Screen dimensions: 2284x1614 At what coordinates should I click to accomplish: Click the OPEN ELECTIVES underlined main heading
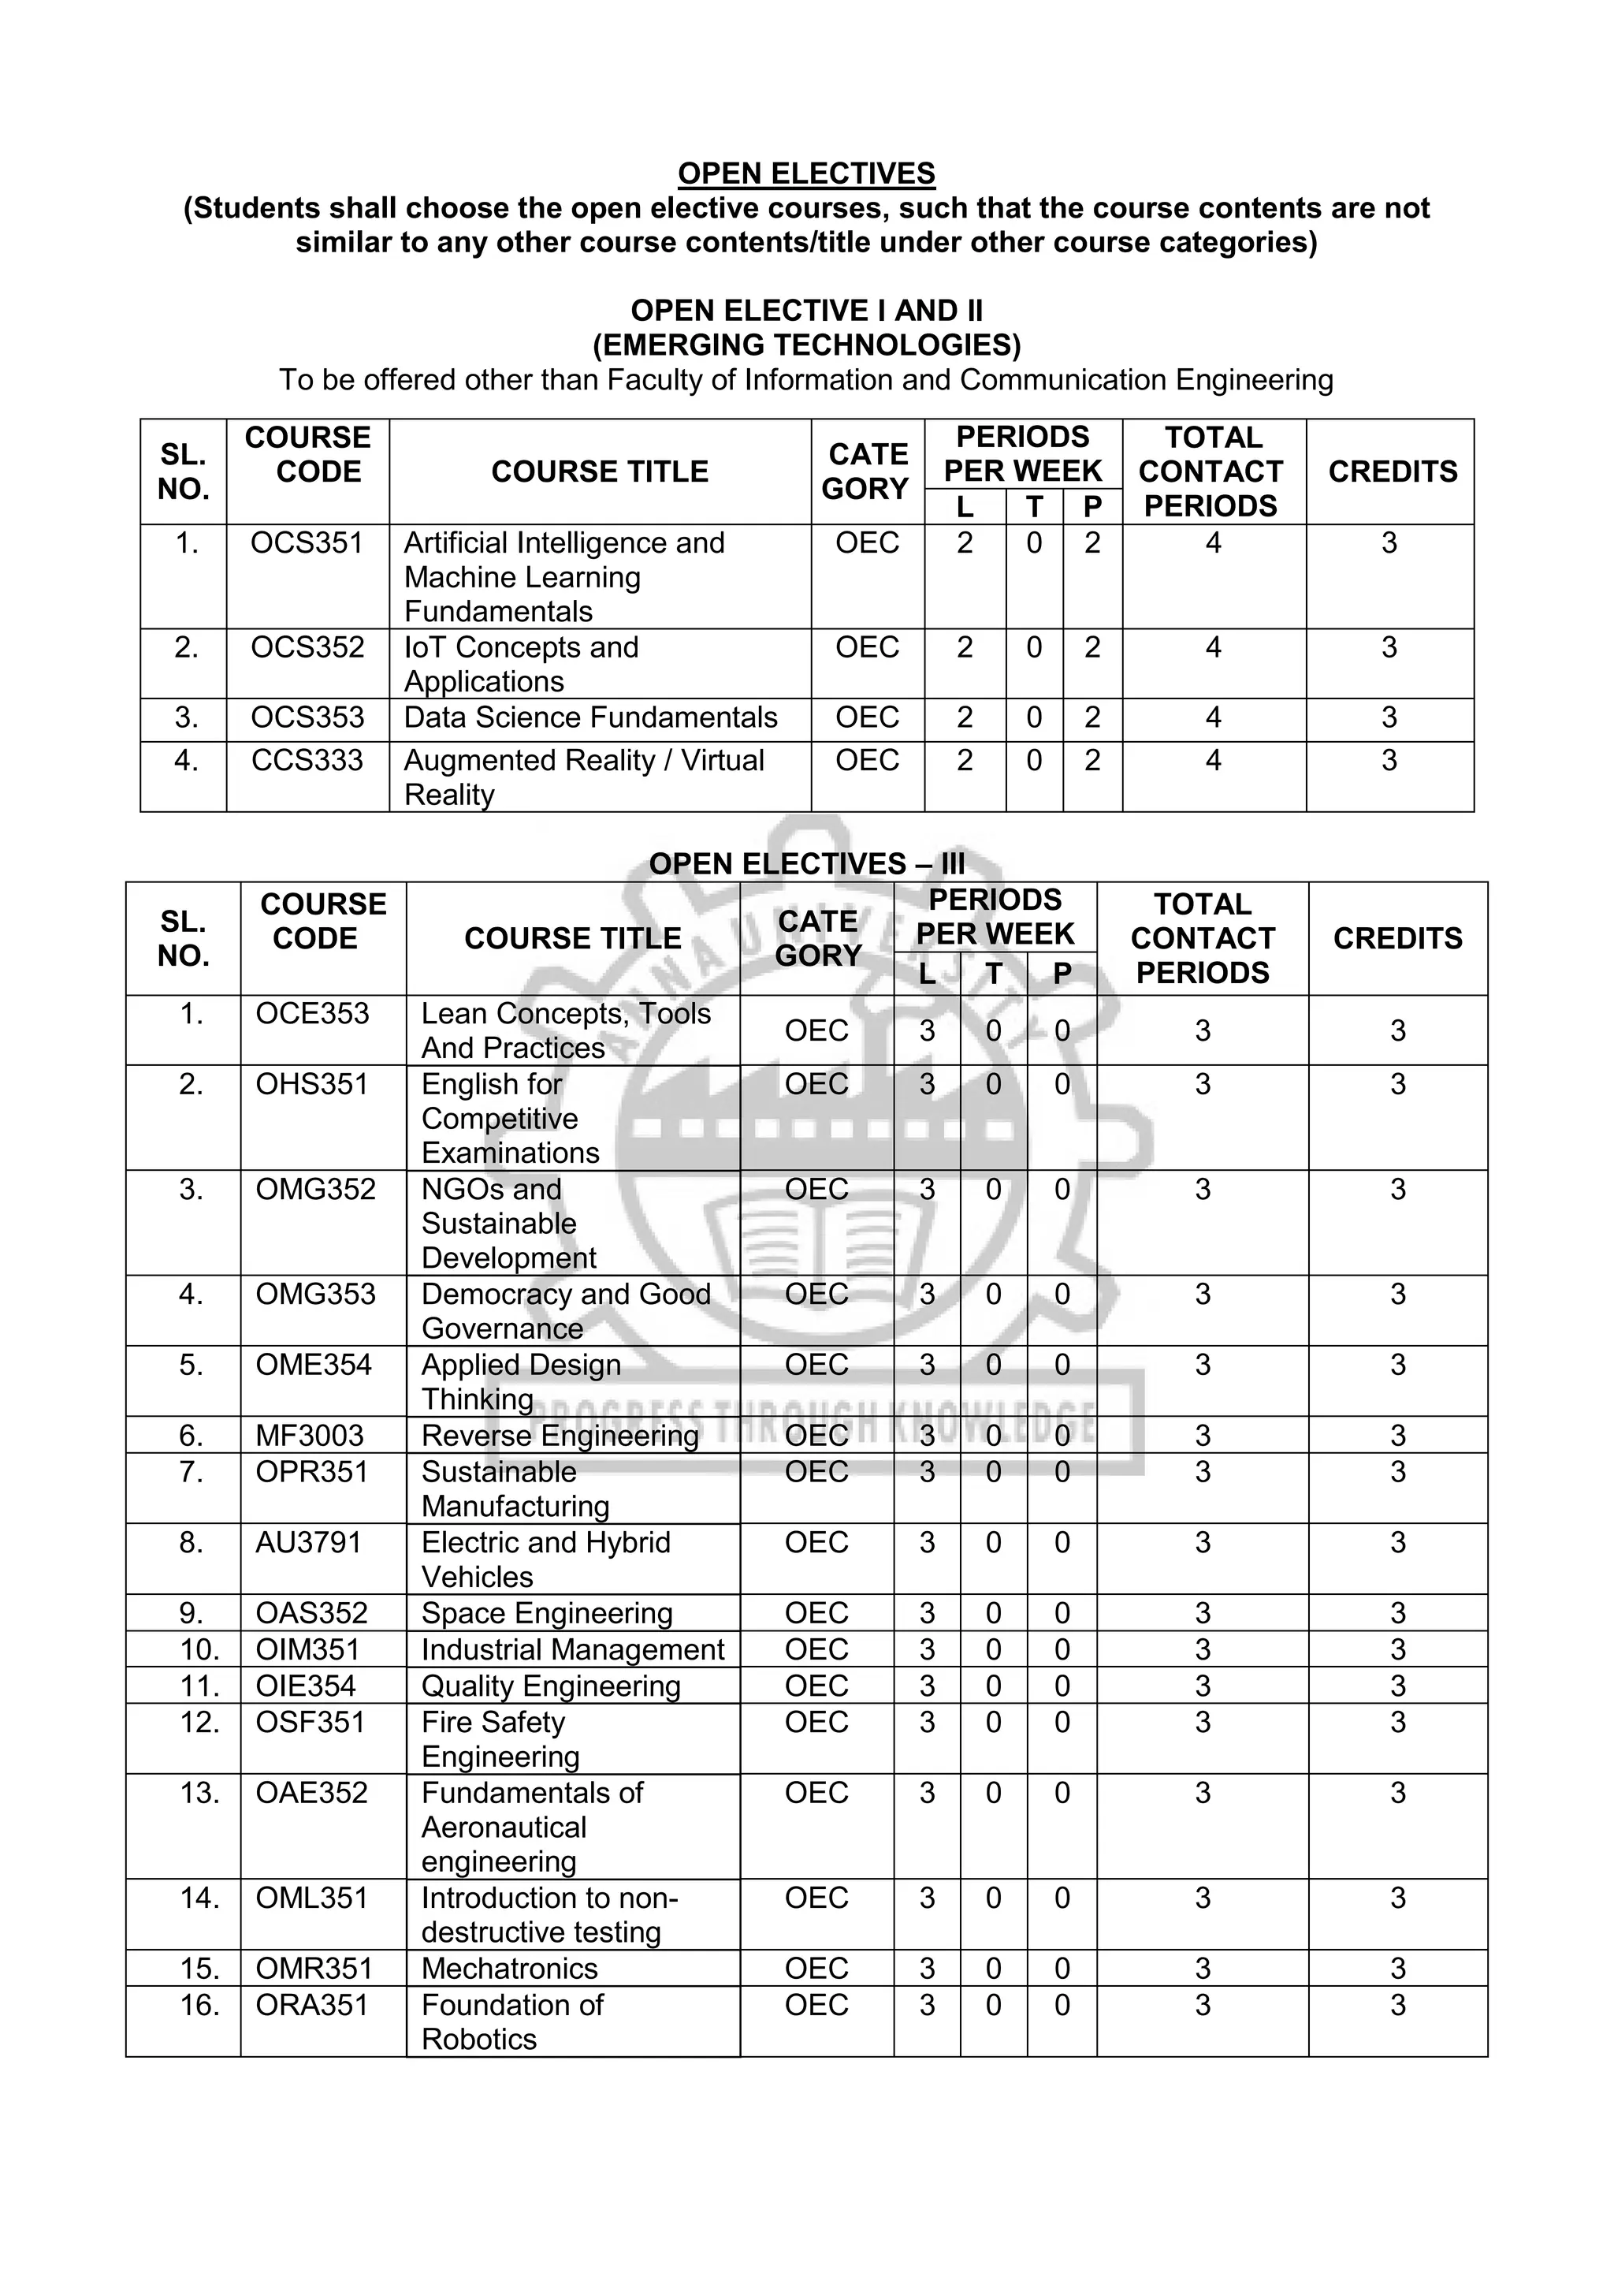[x=805, y=173]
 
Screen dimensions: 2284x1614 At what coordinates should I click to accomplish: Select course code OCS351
[x=307, y=543]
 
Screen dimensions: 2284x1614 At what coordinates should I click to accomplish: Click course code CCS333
[x=307, y=760]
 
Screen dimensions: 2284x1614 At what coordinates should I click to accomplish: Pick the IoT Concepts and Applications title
[x=521, y=664]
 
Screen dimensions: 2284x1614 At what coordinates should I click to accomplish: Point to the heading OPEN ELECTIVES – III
[x=805, y=863]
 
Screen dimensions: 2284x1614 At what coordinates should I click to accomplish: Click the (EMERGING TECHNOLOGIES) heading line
[x=805, y=345]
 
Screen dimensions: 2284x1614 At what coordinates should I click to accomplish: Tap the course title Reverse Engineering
[x=560, y=1436]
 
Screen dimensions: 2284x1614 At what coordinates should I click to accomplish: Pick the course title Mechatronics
[x=509, y=1968]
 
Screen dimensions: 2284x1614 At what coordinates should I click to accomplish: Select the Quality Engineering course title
[x=550, y=1686]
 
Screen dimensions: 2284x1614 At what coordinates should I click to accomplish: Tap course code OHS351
[x=311, y=1083]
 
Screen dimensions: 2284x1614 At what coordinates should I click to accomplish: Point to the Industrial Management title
[x=572, y=1649]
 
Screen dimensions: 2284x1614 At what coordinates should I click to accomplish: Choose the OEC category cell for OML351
[x=816, y=1897]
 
